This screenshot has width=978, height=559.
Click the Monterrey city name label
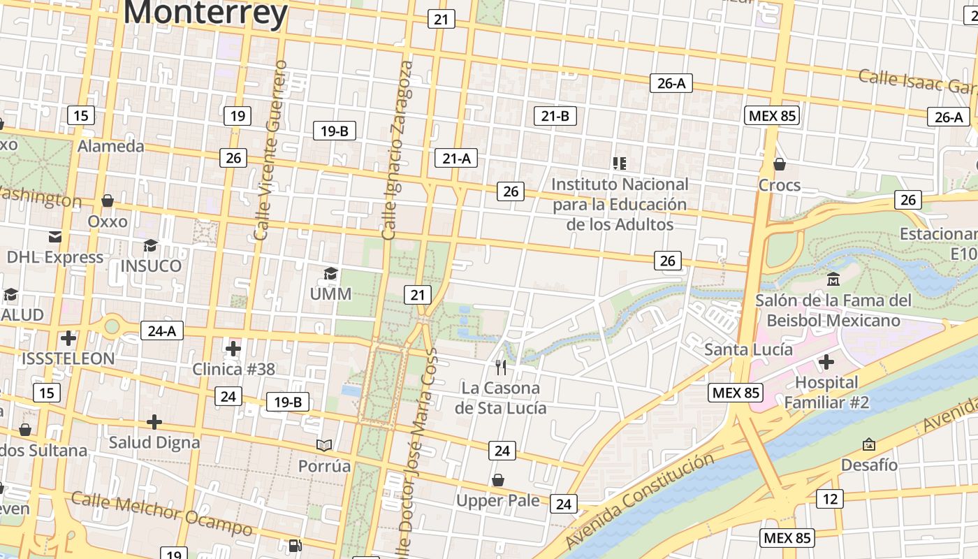[x=205, y=13]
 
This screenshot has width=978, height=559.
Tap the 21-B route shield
[x=555, y=116]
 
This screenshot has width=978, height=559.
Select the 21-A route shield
[x=456, y=159]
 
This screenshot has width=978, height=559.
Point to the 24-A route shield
[x=161, y=331]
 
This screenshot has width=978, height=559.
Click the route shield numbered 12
[x=829, y=499]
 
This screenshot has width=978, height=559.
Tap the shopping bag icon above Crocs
[x=780, y=164]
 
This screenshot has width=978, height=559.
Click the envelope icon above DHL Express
[x=55, y=237]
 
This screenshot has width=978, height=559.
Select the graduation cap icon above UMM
[x=330, y=273]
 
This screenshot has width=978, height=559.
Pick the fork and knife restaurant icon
[x=500, y=367]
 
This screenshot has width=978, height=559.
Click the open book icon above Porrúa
[x=324, y=445]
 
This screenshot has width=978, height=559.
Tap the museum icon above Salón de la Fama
[x=833, y=279]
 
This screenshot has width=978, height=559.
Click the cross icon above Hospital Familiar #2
[x=826, y=362]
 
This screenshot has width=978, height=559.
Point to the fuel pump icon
[x=295, y=546]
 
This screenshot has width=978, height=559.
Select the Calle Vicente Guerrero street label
[x=271, y=150]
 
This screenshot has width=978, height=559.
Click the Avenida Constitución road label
[x=639, y=500]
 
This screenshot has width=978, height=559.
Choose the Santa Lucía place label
[x=748, y=349]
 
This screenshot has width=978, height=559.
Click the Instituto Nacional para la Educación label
[x=620, y=205]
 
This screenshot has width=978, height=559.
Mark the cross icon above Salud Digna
[x=154, y=422]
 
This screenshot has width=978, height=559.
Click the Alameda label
[x=110, y=146]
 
